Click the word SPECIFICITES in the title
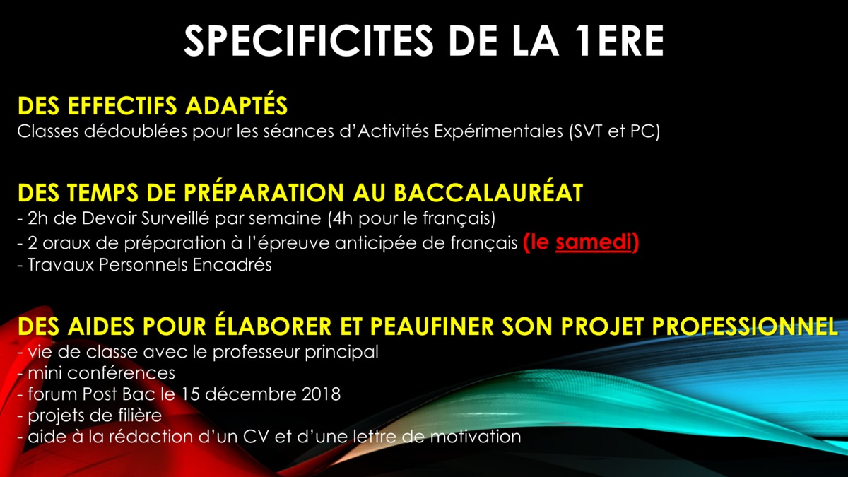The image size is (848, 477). (x=309, y=40)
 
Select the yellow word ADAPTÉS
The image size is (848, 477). (x=236, y=105)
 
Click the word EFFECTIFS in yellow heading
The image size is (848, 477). (x=122, y=105)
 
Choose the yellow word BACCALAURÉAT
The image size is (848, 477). (x=488, y=193)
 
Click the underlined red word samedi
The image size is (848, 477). (x=593, y=242)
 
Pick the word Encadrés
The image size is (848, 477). (x=232, y=264)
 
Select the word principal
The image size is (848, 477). (x=341, y=353)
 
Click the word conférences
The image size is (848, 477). (x=120, y=373)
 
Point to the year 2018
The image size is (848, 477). (x=322, y=394)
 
